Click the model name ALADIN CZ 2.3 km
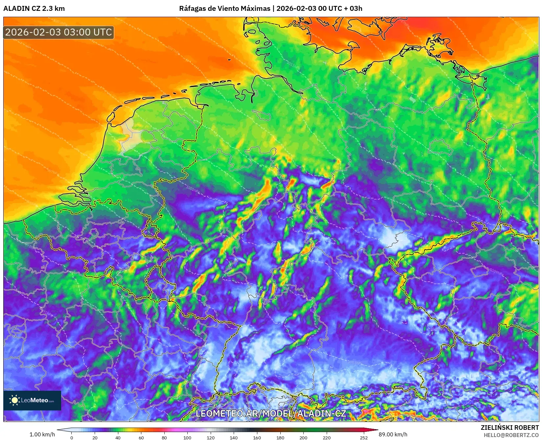click(x=34, y=9)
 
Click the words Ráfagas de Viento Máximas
click(x=224, y=9)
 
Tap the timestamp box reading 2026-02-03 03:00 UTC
click(x=59, y=32)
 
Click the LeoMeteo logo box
click(x=32, y=400)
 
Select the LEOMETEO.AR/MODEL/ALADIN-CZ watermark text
click(x=271, y=413)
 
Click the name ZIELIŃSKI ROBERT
click(x=509, y=428)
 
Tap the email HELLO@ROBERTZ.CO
click(x=511, y=435)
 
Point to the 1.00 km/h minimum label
click(x=42, y=434)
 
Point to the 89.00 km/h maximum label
click(x=393, y=434)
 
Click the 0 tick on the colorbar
click(x=72, y=437)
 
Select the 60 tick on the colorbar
click(x=141, y=437)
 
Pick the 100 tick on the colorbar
click(x=187, y=437)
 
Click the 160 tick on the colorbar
click(x=257, y=437)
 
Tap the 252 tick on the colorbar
click(x=363, y=437)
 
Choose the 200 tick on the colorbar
click(x=303, y=437)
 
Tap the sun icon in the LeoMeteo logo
click(x=15, y=400)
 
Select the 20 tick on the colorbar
click(x=95, y=437)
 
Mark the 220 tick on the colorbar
click(x=326, y=437)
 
